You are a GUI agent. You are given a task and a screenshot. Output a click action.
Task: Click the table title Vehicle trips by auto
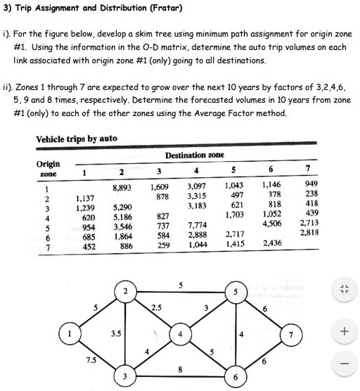coord(77,139)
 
